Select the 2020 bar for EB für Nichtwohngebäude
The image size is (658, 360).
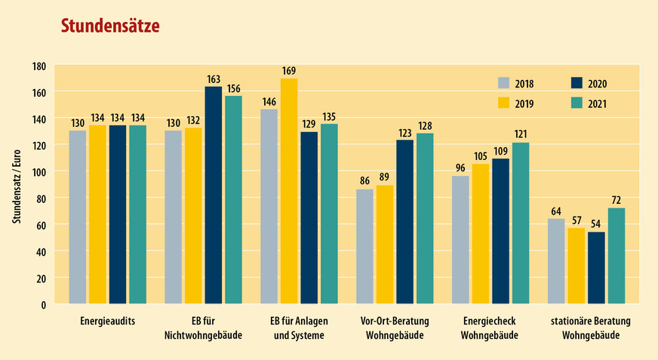coord(214,195)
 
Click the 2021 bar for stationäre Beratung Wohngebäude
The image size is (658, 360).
coord(616,256)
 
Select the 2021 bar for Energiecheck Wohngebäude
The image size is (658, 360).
coord(521,223)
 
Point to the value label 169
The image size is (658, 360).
coord(289,72)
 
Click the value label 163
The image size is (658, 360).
coord(214,79)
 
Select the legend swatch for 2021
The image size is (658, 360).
coord(577,104)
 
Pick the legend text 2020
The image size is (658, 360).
coord(598,83)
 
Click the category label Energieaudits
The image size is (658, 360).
coord(107,321)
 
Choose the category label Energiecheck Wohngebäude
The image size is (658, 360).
coord(490,328)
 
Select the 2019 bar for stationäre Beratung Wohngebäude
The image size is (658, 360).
coord(577,266)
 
